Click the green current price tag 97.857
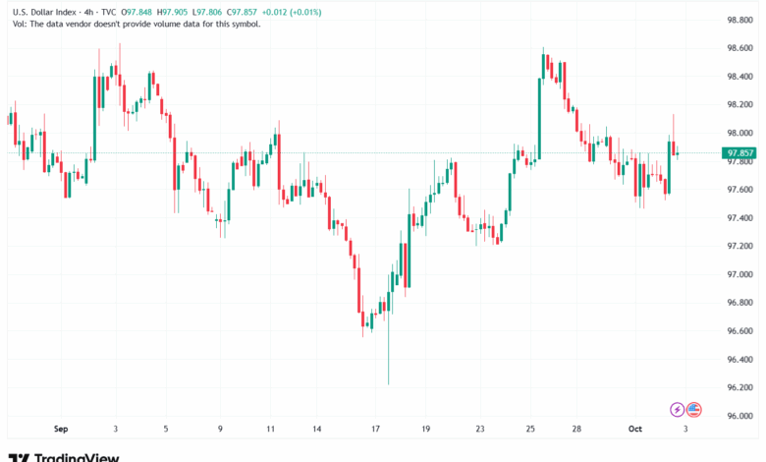738,153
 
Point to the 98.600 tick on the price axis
739,47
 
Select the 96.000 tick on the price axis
739,416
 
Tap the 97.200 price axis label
739,246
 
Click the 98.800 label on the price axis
739,19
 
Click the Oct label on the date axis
635,429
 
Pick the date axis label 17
376,429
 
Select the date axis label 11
271,429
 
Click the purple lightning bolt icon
677,409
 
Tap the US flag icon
693,409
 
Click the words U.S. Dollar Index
40,12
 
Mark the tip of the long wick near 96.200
389,384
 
